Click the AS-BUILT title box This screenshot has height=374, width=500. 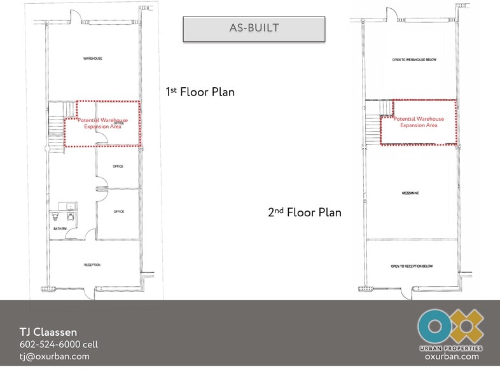(254, 29)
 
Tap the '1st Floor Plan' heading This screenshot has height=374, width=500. (200, 92)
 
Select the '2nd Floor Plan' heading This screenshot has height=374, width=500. (304, 212)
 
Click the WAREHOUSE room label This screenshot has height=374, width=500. (93, 59)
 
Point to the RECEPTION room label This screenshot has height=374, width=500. (92, 265)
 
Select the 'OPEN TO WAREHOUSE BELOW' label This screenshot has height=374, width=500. (413, 60)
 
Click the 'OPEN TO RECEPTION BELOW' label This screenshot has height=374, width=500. (412, 266)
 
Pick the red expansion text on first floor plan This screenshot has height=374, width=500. (102, 123)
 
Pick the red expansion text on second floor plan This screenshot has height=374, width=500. (419, 122)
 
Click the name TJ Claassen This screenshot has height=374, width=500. (48, 332)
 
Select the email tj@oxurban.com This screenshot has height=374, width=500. (54, 356)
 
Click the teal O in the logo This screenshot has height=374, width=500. (434, 326)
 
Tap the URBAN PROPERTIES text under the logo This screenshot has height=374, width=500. (450, 348)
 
